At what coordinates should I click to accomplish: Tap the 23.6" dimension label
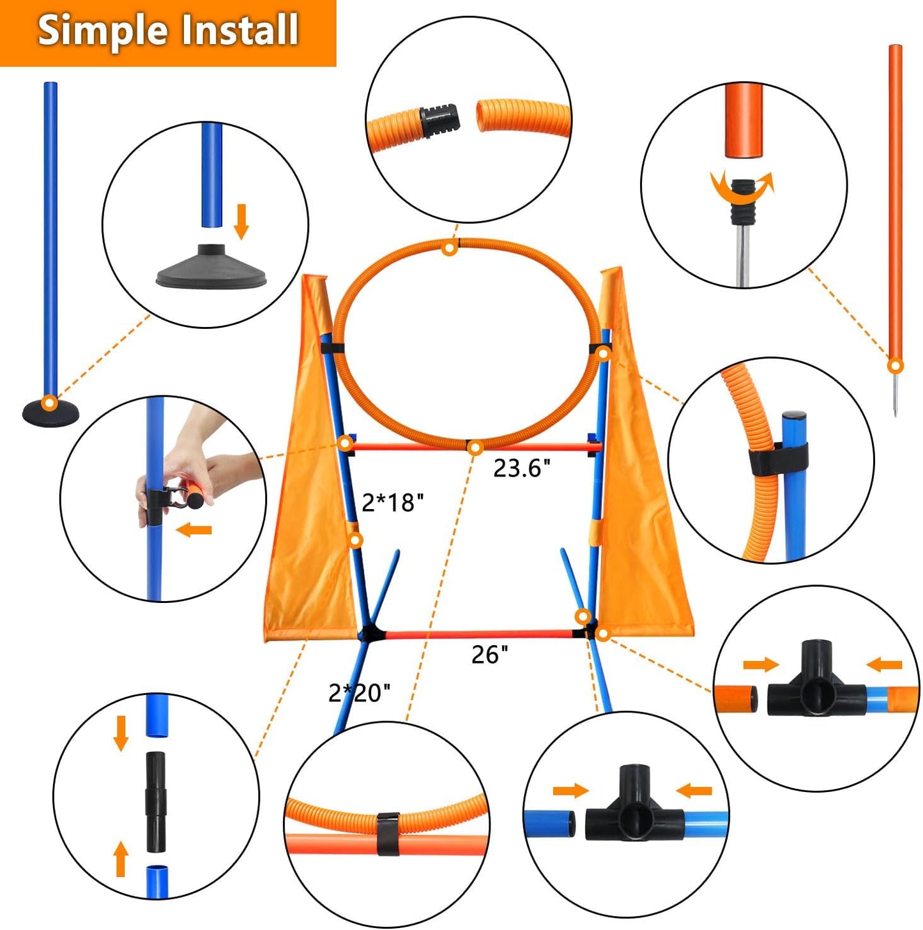[521, 468]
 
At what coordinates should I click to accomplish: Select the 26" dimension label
[490, 654]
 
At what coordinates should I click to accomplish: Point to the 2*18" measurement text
[392, 503]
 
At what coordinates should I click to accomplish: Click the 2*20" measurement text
[359, 692]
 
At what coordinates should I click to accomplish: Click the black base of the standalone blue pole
[50, 412]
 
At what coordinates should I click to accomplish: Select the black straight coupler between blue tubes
[155, 801]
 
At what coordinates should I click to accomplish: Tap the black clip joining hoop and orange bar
[387, 833]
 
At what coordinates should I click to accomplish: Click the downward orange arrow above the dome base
[241, 221]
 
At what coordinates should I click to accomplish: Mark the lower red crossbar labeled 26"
[479, 634]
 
